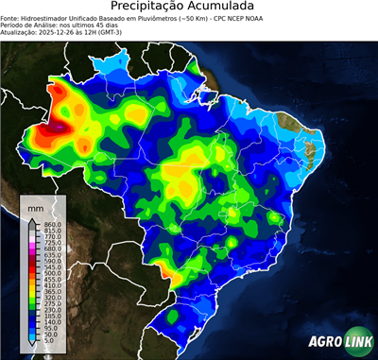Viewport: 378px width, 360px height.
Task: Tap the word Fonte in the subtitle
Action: click(x=10, y=17)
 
